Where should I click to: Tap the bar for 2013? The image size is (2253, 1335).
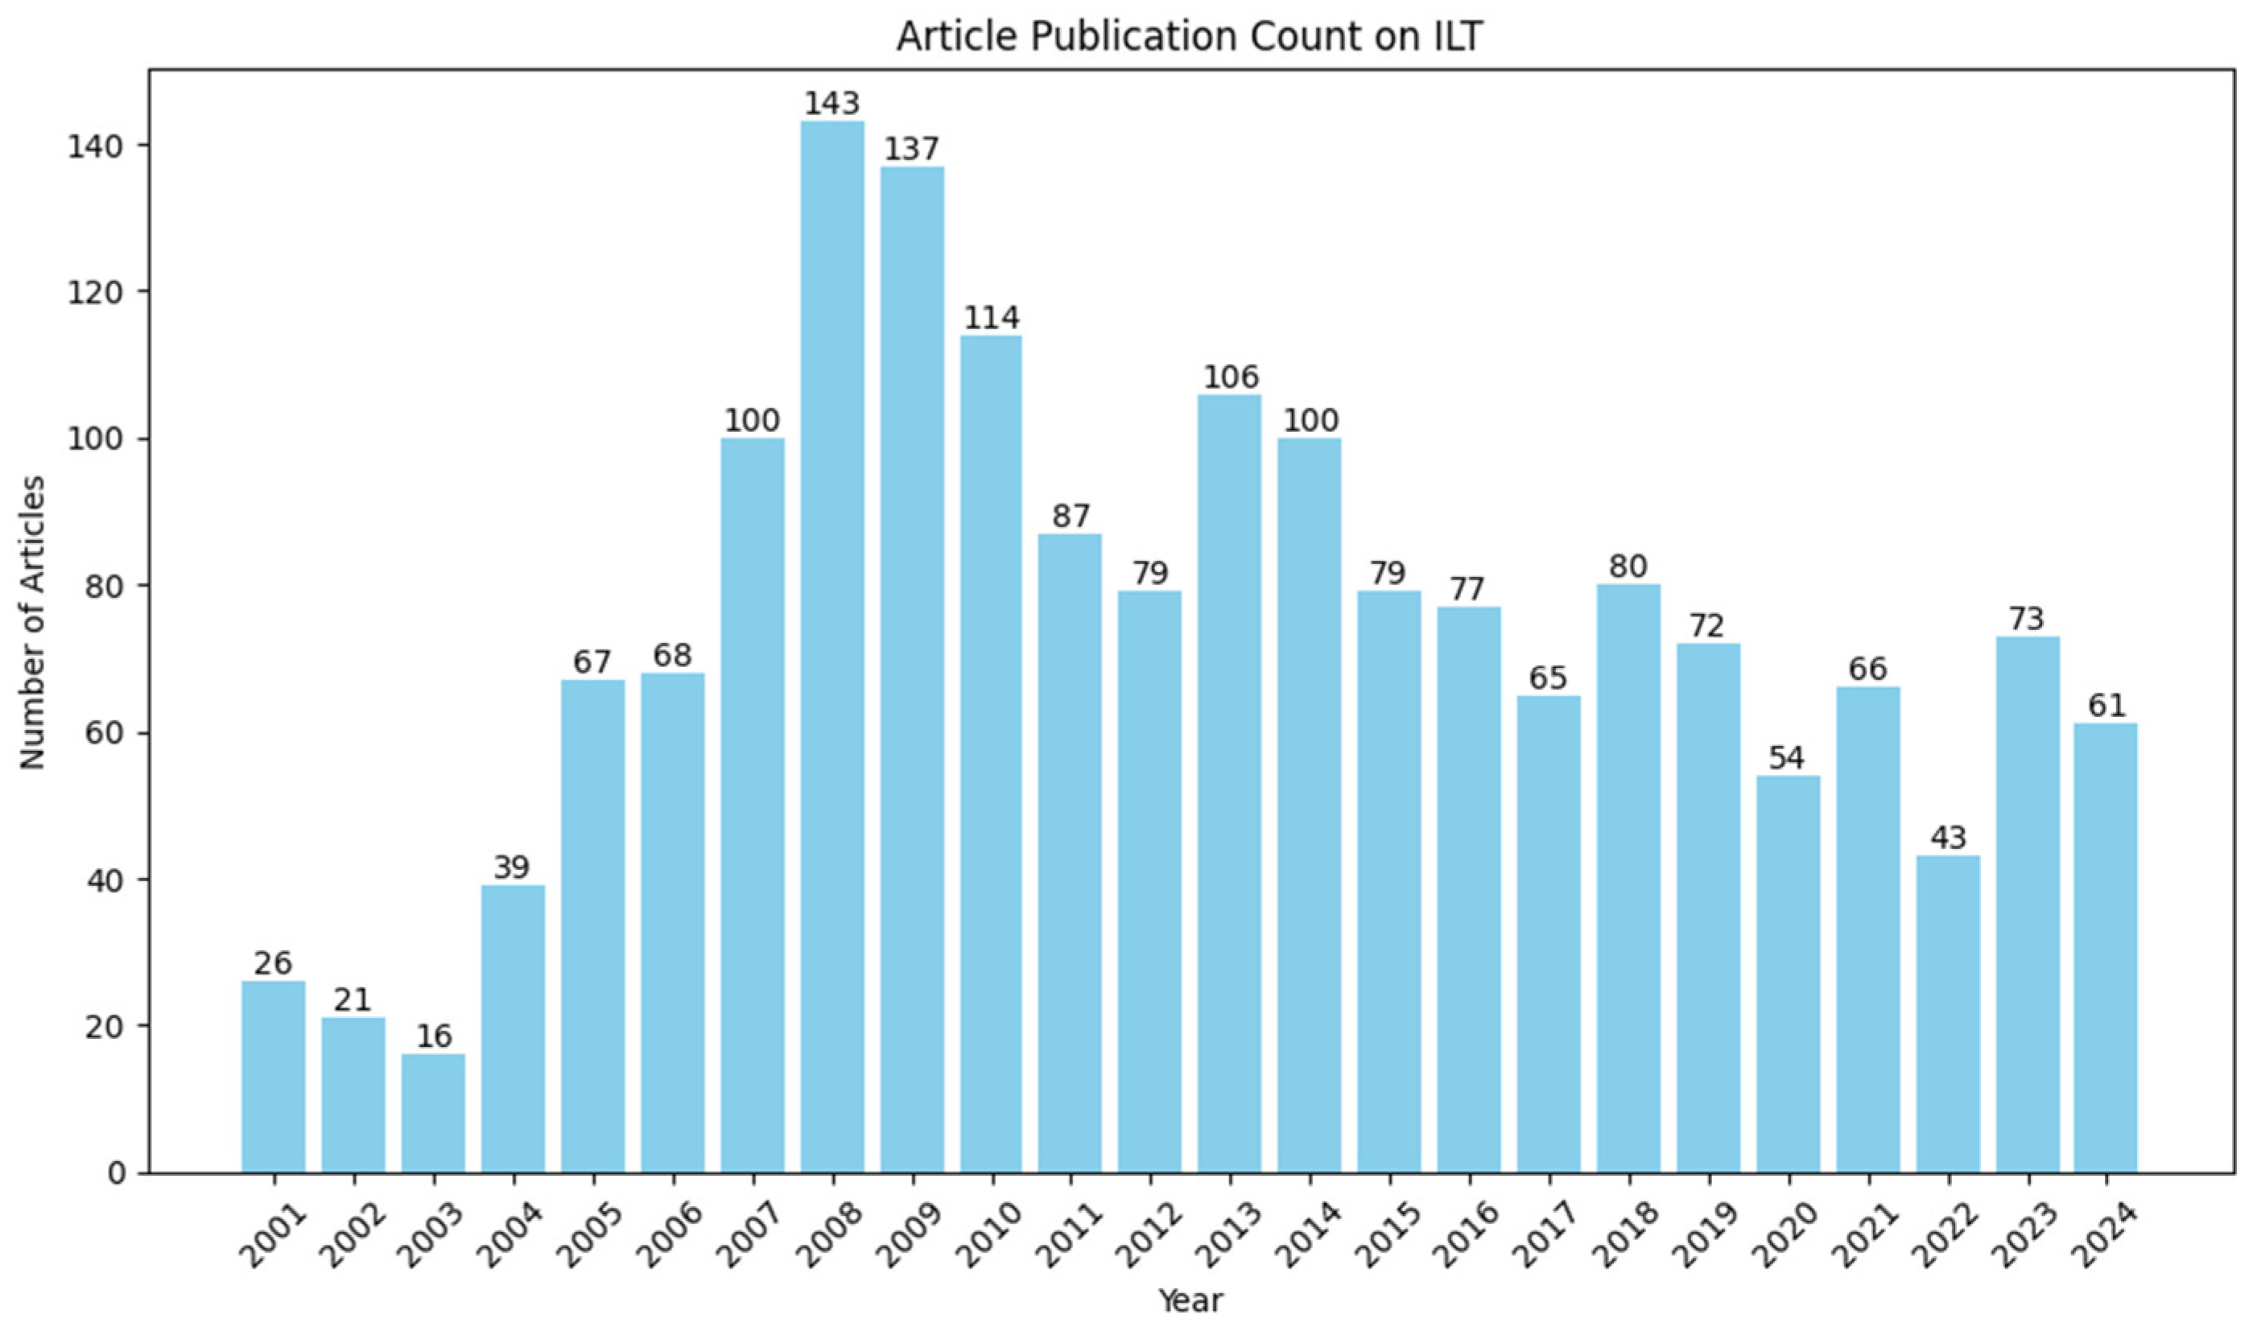(x=1230, y=783)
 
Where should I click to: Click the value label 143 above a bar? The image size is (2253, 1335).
(x=831, y=105)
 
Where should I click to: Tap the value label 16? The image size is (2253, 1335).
(x=433, y=1036)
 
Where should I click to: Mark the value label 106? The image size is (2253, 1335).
(x=1231, y=377)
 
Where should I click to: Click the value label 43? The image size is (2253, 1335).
(x=1948, y=838)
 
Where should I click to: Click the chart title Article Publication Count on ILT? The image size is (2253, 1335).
(x=1190, y=36)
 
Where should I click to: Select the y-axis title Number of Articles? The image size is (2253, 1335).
(x=34, y=623)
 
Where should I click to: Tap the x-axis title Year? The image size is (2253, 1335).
(x=1190, y=1300)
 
